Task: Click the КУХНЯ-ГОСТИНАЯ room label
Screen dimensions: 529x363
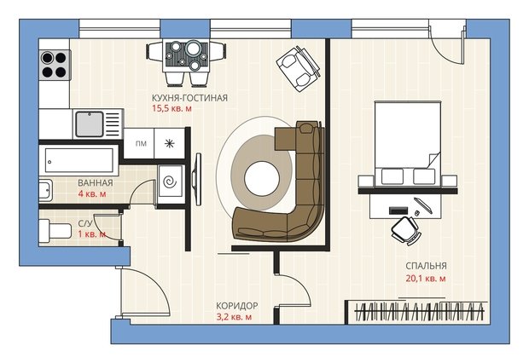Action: coord(189,98)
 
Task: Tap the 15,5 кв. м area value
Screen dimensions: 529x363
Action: coord(171,108)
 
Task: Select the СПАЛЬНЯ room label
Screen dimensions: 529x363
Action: coord(426,266)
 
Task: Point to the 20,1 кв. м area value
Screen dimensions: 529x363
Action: coord(426,279)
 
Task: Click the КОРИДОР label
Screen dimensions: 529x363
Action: coord(237,306)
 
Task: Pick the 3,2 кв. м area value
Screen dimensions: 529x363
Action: coord(234,317)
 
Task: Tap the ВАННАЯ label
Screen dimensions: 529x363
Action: coord(96,183)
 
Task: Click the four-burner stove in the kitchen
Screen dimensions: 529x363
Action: coord(55,65)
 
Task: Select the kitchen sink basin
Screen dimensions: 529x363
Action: coord(90,124)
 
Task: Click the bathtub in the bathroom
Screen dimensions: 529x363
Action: coord(79,160)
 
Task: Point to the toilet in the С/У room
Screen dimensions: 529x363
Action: coord(55,231)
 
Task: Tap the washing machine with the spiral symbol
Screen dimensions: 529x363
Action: coord(171,184)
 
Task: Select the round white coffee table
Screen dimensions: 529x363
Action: coord(262,179)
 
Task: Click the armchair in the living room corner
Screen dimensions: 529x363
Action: coord(299,69)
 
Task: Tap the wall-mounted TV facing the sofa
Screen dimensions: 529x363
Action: coord(196,179)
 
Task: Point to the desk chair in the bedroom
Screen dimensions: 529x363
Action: coord(406,230)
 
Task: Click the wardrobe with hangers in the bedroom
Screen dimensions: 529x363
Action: coord(416,312)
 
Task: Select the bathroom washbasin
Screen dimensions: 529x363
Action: coord(46,191)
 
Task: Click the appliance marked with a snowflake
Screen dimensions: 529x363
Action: coord(169,143)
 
